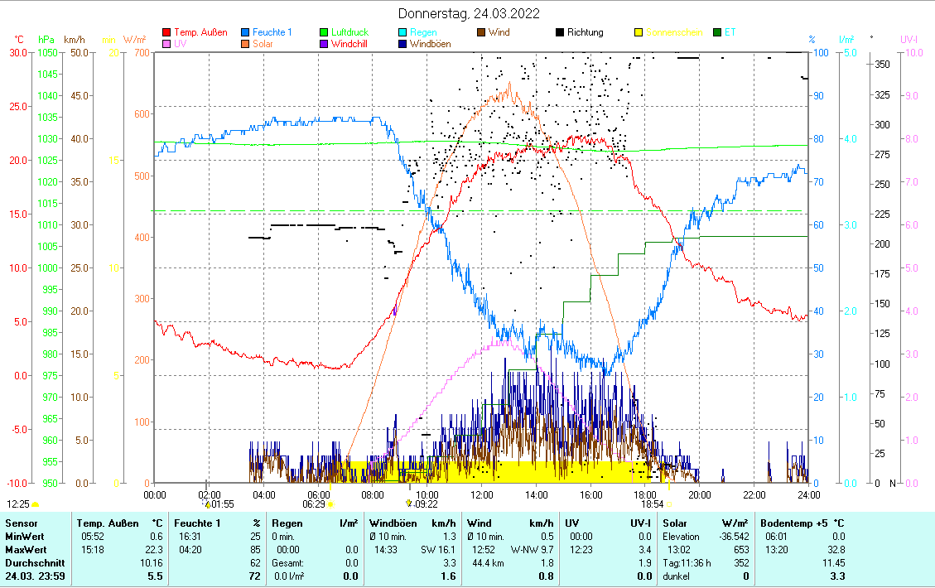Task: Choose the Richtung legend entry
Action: (x=585, y=32)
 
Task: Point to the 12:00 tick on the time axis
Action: (x=482, y=494)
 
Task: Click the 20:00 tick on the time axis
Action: (x=700, y=494)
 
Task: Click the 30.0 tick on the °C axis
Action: (x=17, y=52)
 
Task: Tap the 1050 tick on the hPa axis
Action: (x=48, y=52)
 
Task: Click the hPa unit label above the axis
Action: (x=46, y=39)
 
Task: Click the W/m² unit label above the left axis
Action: (x=135, y=39)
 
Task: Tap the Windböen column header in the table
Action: (x=392, y=523)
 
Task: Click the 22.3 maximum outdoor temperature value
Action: (x=154, y=550)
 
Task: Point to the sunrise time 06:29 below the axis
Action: (x=314, y=504)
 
